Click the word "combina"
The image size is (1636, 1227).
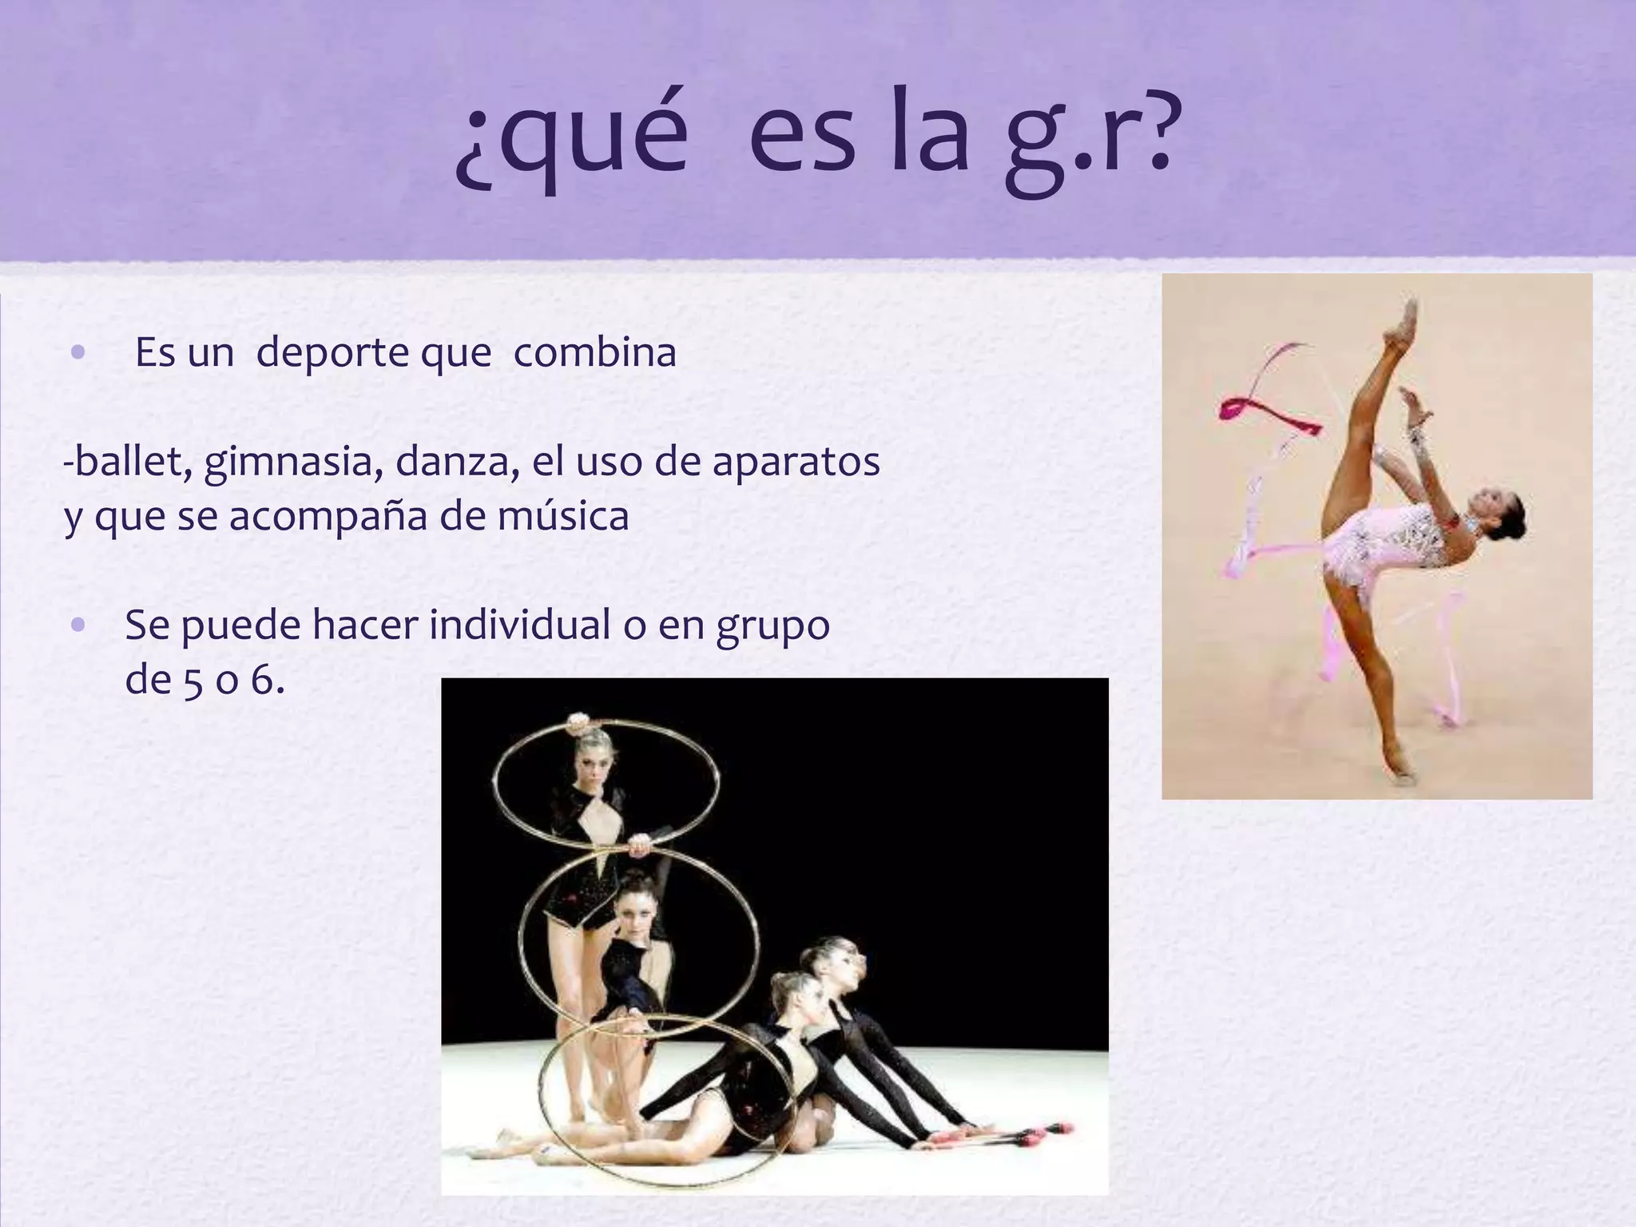(x=594, y=352)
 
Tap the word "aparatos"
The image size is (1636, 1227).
(x=796, y=463)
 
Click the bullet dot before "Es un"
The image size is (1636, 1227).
(x=77, y=352)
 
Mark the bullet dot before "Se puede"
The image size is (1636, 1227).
(x=77, y=625)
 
